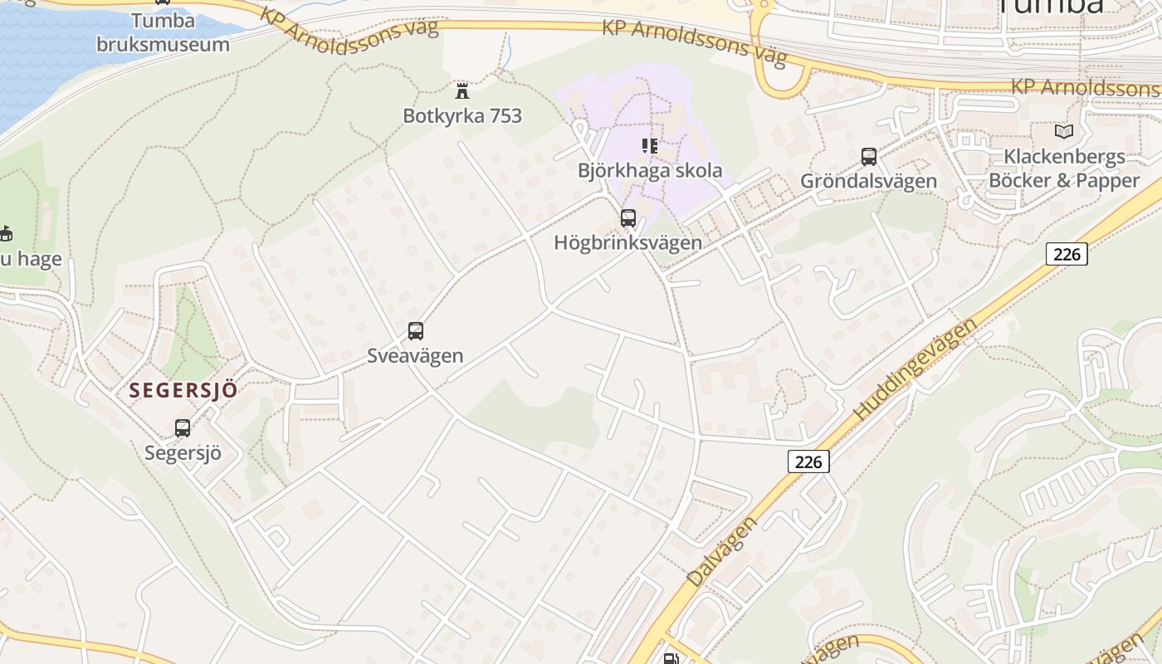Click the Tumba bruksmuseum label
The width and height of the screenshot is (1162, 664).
(x=163, y=32)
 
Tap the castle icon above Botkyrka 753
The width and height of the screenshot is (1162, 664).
(x=462, y=90)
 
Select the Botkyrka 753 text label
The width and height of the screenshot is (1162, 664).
(x=462, y=115)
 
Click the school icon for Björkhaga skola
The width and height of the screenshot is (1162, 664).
(x=650, y=146)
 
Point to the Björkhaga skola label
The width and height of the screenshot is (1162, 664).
(x=650, y=171)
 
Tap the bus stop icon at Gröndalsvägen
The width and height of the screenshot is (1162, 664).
(x=868, y=156)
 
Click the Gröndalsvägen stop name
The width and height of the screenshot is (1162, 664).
(x=868, y=181)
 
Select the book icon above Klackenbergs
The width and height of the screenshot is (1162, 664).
(x=1063, y=131)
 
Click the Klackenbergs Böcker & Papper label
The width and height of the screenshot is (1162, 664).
(x=1064, y=168)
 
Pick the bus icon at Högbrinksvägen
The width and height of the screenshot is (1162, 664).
(x=628, y=218)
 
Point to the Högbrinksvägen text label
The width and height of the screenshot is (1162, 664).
(x=628, y=243)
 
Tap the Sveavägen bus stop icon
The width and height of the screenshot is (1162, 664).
(x=416, y=331)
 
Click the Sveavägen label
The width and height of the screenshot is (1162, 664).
(x=415, y=356)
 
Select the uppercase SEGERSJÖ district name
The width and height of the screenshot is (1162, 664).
(x=183, y=390)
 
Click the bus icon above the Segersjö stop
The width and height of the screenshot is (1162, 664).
(x=183, y=428)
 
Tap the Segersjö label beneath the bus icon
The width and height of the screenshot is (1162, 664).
(x=183, y=453)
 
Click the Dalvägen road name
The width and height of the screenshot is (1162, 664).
(x=722, y=552)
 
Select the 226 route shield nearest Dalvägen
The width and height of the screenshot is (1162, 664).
(x=808, y=461)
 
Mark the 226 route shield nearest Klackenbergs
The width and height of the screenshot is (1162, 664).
(x=1066, y=254)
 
